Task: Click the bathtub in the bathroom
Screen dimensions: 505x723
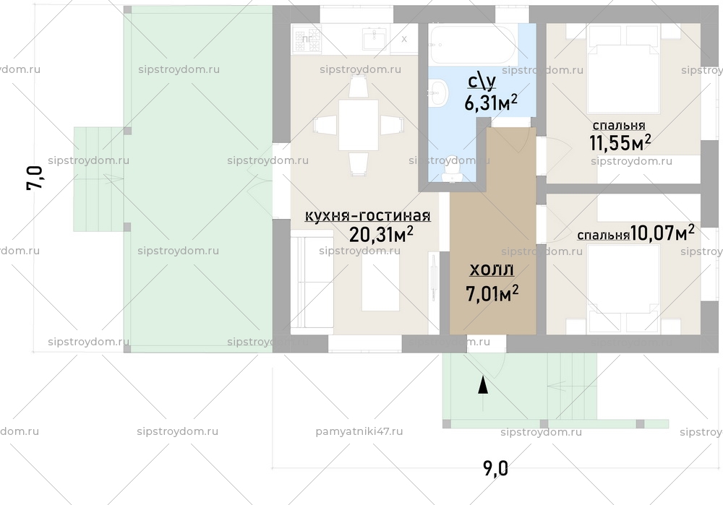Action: click(x=472, y=44)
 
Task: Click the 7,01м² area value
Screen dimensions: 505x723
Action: click(x=493, y=293)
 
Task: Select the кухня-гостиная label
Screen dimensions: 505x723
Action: click(x=368, y=216)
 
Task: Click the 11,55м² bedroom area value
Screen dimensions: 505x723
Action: click(x=620, y=142)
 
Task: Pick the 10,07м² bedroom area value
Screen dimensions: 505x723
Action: click(x=662, y=233)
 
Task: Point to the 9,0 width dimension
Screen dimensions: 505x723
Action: click(x=495, y=469)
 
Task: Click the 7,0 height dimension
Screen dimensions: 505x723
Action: click(x=35, y=178)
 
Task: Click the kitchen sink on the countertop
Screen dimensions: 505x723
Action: click(x=374, y=38)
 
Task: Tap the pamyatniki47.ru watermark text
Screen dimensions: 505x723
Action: click(x=359, y=431)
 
